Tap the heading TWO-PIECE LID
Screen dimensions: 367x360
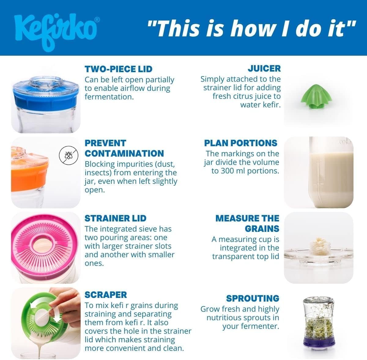[118, 69]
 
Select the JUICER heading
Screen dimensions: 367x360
[264, 69]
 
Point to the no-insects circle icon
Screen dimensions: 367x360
[69, 155]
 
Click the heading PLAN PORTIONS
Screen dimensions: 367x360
[241, 143]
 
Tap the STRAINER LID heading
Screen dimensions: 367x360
[115, 218]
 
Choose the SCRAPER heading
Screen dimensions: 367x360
[106, 295]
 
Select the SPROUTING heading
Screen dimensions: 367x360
[253, 299]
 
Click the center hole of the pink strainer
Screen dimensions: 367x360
[44, 246]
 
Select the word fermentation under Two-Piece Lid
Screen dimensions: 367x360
[109, 97]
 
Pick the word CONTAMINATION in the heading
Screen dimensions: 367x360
[124, 154]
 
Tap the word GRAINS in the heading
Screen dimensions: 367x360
[262, 229]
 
